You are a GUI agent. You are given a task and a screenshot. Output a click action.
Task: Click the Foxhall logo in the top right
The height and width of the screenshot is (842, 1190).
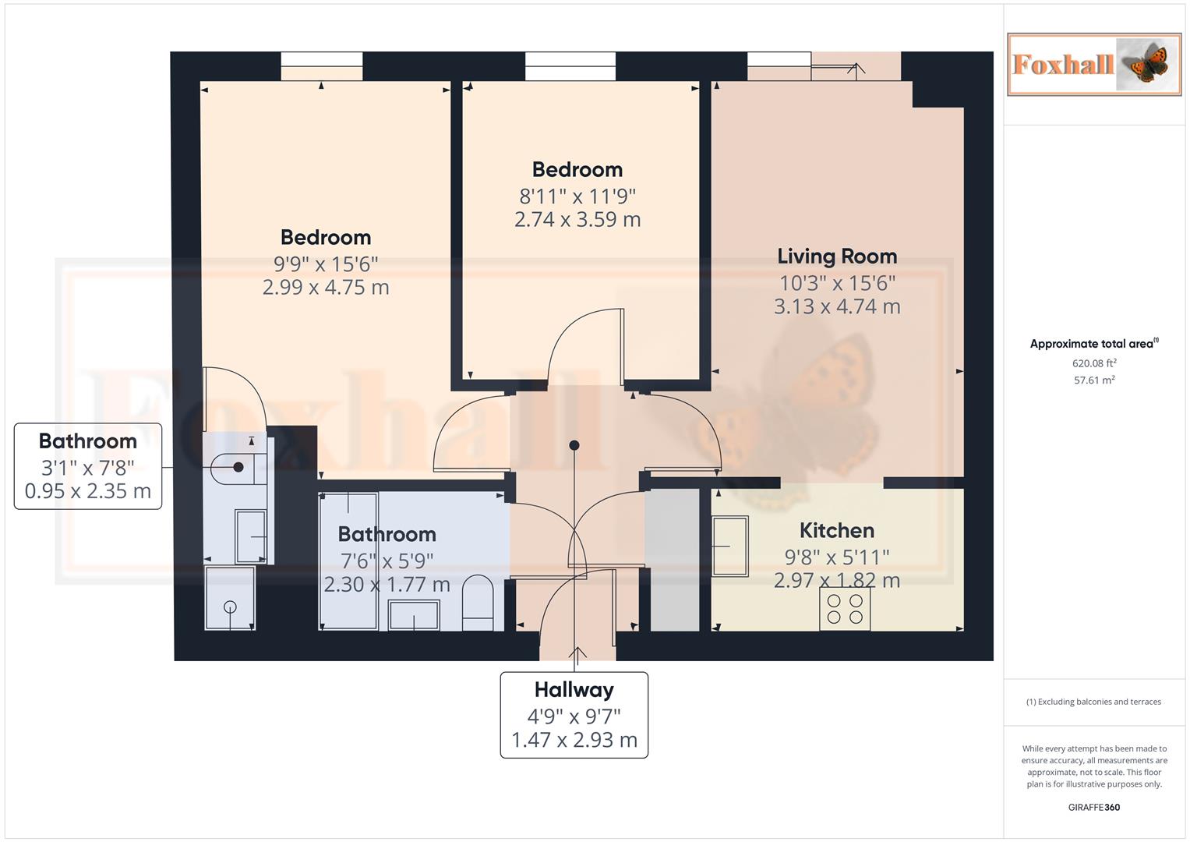[x=1093, y=64]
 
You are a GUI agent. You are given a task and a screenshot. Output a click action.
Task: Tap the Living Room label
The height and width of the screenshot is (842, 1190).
[x=837, y=256]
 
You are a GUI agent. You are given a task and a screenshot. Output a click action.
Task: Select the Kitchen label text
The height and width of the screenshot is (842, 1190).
[x=836, y=531]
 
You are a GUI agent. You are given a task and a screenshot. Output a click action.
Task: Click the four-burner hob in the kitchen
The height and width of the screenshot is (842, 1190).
[x=845, y=609]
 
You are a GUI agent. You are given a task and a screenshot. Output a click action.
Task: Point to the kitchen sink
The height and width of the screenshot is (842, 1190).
[x=729, y=546]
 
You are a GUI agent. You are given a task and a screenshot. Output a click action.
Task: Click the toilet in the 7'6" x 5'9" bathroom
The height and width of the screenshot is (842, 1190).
[x=478, y=603]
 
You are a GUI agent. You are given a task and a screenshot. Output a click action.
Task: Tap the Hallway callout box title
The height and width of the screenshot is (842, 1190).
[x=574, y=690]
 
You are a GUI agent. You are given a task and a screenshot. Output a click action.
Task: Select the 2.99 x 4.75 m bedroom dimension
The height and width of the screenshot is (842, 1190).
[x=326, y=288]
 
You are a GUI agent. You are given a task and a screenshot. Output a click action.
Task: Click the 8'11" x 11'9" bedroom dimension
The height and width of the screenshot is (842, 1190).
[x=577, y=196]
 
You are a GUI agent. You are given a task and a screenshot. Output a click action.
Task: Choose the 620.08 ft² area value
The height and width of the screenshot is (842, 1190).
[x=1093, y=363]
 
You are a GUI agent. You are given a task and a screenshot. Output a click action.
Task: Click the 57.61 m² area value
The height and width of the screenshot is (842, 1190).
[x=1093, y=380]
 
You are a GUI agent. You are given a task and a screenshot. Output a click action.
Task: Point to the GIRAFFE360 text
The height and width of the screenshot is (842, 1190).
[x=1093, y=808]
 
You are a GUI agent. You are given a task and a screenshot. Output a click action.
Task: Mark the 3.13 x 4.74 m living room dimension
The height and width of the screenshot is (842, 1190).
[x=837, y=307]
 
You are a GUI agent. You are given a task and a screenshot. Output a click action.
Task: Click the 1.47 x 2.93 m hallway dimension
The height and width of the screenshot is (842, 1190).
[x=574, y=740]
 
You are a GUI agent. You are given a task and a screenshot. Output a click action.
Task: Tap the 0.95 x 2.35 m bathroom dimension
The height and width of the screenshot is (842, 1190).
[x=88, y=491]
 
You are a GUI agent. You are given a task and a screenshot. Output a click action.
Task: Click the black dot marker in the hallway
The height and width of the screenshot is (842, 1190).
[x=574, y=445]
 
